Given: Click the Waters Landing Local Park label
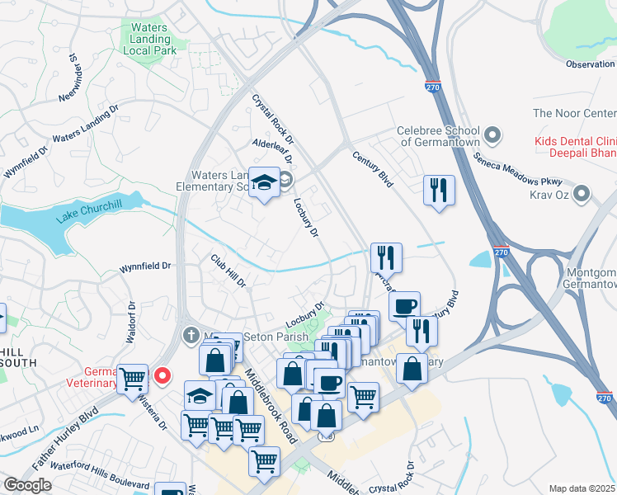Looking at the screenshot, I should click(x=149, y=39).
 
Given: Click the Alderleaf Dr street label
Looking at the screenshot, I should click(x=272, y=146).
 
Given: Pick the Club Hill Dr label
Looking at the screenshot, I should click(x=228, y=271).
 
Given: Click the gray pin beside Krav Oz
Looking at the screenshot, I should click(x=582, y=195).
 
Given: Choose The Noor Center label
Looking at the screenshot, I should click(x=574, y=113).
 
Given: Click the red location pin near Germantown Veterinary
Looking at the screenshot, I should click(x=162, y=376).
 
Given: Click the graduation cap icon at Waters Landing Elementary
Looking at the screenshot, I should click(x=265, y=183).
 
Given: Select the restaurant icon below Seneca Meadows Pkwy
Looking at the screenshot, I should click(x=438, y=191).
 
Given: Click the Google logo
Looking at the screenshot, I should click(x=27, y=485).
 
